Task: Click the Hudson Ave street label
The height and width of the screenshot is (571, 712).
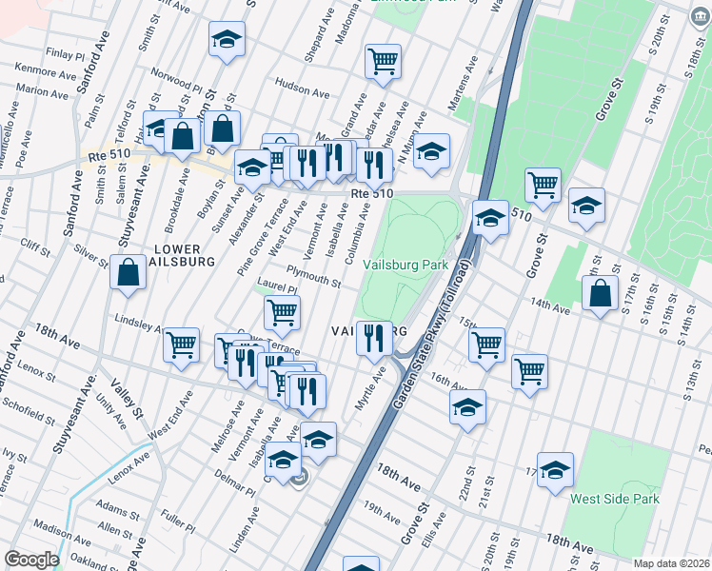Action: [x=302, y=89]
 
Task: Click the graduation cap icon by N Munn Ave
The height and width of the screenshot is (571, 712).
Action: [x=431, y=150]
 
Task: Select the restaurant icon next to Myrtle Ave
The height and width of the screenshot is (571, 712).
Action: [x=375, y=337]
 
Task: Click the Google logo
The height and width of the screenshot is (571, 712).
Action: [x=31, y=560]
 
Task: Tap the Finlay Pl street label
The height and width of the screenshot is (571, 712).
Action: [x=64, y=54]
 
